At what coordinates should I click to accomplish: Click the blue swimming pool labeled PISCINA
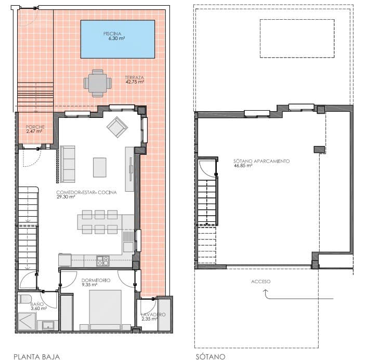coord(117,39)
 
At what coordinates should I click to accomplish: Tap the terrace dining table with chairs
coord(98,83)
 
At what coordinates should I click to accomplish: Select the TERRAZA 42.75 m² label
coord(134,79)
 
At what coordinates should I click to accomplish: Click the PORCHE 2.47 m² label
coord(35,129)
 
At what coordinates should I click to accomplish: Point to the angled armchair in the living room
coord(117,126)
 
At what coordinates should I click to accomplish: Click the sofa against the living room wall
coord(68,164)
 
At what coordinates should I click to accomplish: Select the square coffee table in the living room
coord(100,167)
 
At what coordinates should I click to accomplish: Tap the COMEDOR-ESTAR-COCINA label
coord(86,194)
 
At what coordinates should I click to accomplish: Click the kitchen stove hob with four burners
coord(103,260)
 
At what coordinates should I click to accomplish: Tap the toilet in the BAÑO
coord(24,300)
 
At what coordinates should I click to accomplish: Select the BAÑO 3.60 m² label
coord(38,306)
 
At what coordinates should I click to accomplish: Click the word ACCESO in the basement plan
coord(261,282)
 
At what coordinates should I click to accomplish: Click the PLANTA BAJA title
coord(36,356)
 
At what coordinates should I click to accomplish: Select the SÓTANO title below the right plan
coord(211,356)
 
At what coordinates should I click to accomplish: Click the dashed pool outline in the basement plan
coord(297,38)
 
